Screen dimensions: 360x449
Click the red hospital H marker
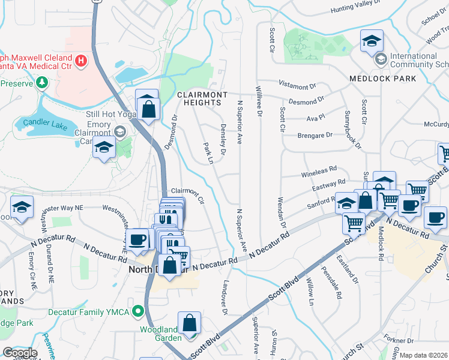coord(80,61)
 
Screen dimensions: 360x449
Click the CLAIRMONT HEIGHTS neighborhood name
coord(202,99)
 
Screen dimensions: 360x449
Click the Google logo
coord(20,353)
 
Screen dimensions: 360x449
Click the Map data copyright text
coord(424,355)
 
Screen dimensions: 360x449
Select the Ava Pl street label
coord(316,118)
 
